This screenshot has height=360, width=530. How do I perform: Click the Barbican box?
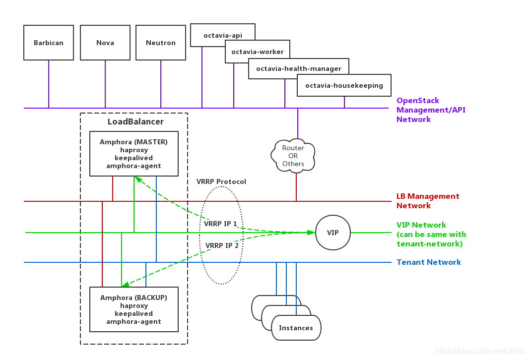49,43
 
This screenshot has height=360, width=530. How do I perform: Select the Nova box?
105,43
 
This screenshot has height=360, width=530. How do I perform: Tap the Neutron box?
161,43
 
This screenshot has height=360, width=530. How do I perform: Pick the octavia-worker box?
258,52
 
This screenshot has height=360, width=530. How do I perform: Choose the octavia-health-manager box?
299,68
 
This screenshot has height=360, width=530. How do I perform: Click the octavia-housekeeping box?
344,85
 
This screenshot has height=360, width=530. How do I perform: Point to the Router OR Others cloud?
293,156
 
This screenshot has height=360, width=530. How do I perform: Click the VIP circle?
333,233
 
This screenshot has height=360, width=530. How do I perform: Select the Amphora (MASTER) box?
134,154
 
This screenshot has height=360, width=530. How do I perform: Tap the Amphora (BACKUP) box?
134,309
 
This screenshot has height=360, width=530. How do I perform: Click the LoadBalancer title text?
135,121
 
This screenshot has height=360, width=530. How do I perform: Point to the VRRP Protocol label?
221,181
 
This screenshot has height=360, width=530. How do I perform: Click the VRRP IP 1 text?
220,224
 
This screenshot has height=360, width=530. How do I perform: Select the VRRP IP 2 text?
222,245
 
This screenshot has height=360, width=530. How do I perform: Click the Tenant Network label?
429,262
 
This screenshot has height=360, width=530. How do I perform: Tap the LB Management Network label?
428,201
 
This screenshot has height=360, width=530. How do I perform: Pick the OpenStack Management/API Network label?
431,110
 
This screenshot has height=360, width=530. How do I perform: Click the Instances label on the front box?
296,328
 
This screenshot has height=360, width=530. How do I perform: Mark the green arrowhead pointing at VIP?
311,232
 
